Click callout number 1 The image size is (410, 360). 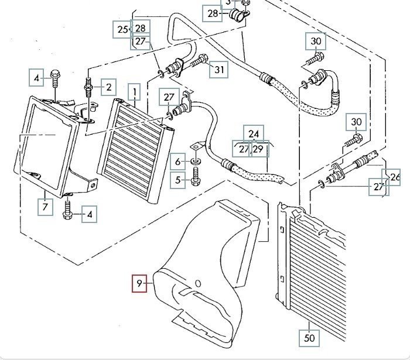135,92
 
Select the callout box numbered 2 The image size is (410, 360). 108,88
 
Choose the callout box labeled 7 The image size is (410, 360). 45,206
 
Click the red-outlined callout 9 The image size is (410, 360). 139,286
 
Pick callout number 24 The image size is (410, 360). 254,134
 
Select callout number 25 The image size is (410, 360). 122,28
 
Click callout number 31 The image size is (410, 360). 219,70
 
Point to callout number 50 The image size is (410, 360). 309,338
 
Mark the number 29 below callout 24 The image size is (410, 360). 258,149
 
